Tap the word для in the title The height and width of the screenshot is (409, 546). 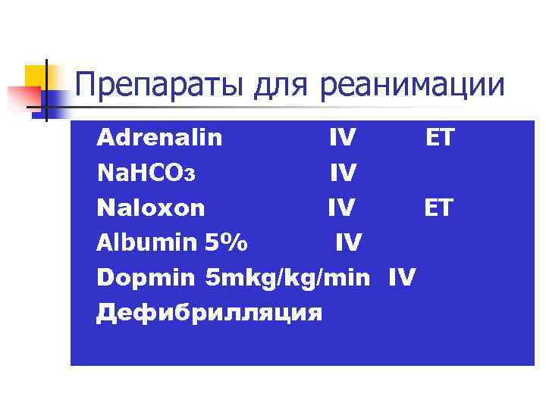(x=276, y=86)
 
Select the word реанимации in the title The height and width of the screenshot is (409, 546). (x=412, y=86)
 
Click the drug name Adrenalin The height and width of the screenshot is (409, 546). (x=159, y=138)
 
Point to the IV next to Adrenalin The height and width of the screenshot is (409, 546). (x=343, y=138)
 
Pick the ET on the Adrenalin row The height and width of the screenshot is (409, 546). (x=439, y=138)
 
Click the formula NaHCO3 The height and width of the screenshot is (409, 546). (x=146, y=173)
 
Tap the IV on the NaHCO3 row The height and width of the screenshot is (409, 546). (x=343, y=173)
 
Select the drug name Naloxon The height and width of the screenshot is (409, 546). (x=150, y=208)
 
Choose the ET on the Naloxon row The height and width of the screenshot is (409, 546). (x=438, y=208)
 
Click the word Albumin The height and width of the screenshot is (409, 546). (x=143, y=242)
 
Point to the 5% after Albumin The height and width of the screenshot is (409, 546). (x=225, y=242)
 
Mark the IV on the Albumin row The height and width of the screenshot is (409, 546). (x=348, y=242)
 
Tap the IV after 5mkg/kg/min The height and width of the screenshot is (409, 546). (x=401, y=278)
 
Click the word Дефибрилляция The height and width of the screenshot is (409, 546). (x=209, y=312)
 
